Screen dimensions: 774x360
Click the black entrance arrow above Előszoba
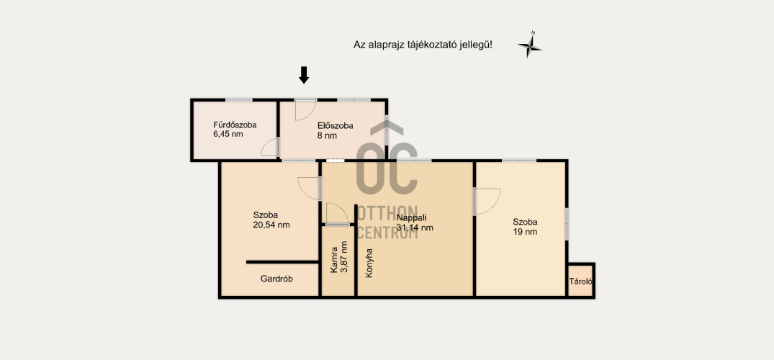click(x=304, y=75)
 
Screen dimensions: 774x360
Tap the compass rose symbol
click(x=530, y=45)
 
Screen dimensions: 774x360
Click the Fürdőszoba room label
click(x=235, y=125)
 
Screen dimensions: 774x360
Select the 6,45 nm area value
click(x=228, y=134)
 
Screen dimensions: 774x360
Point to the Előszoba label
click(x=336, y=126)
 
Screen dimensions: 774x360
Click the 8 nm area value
click(x=328, y=136)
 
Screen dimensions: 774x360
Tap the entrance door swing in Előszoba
click(x=305, y=109)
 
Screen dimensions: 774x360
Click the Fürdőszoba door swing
click(x=271, y=147)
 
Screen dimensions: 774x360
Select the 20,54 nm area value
click(x=271, y=225)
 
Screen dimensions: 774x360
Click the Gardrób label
click(x=276, y=279)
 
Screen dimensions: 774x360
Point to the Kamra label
click(x=334, y=260)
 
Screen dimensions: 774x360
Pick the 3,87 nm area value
click(x=344, y=257)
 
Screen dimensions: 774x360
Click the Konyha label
click(x=369, y=263)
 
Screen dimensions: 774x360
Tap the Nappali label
click(x=411, y=217)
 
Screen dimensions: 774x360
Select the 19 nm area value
click(x=525, y=232)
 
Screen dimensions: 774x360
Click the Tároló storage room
click(x=580, y=281)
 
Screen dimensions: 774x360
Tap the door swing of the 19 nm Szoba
click(x=487, y=201)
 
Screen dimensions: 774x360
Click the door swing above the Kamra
click(x=337, y=214)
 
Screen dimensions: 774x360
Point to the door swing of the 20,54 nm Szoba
click(x=310, y=189)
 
